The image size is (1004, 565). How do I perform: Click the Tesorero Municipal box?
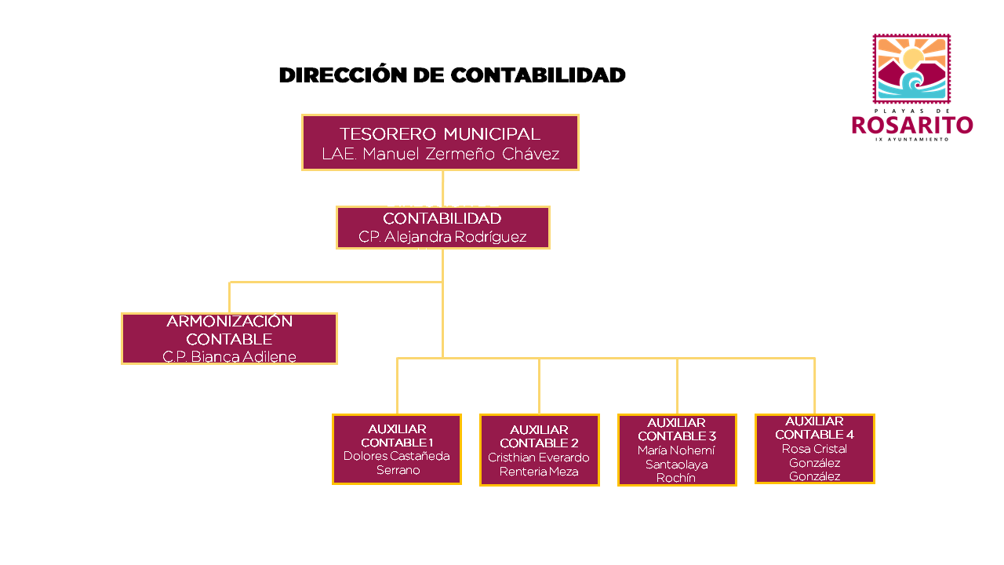[x=440, y=142]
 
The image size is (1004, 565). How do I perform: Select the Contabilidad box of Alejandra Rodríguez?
[x=442, y=228]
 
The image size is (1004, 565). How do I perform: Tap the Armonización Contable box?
[x=229, y=338]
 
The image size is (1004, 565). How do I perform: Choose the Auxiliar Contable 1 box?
[x=396, y=449]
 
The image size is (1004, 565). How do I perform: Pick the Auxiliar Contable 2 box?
[x=539, y=450]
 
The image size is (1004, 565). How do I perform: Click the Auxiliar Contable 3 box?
[x=677, y=450]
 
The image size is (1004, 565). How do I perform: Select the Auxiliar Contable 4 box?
[x=814, y=448]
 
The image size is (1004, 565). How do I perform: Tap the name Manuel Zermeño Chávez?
[x=460, y=155]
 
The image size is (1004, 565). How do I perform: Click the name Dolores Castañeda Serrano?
[x=397, y=463]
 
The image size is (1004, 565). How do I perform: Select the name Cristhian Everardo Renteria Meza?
[x=539, y=465]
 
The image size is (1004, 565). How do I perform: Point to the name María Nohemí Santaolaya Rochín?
[x=676, y=464]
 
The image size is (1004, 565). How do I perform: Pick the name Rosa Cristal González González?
[x=814, y=463]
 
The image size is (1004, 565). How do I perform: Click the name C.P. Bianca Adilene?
[x=229, y=357]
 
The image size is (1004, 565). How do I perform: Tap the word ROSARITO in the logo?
[x=912, y=126]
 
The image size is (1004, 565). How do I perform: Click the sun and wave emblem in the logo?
[x=911, y=68]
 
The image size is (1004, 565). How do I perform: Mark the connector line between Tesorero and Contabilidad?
[x=442, y=188]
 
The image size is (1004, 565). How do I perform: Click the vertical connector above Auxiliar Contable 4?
[x=814, y=385]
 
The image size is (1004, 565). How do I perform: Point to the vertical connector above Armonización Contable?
[x=229, y=297]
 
